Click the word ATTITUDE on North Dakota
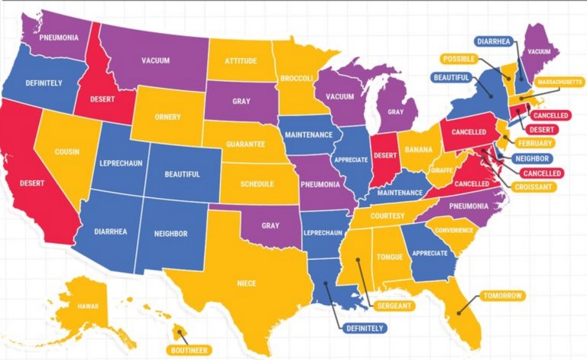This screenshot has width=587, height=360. (x=240, y=60)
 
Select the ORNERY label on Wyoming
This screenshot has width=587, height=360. (x=167, y=118)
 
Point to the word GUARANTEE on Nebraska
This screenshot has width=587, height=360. (x=245, y=144)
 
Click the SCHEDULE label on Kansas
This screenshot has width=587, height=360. (x=257, y=184)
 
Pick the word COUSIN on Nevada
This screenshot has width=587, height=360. (x=67, y=151)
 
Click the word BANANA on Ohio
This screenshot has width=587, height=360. (x=418, y=149)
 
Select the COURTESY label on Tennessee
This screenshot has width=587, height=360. (x=387, y=216)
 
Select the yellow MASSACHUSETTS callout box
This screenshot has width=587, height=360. (x=559, y=82)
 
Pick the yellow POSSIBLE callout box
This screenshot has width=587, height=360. (x=459, y=59)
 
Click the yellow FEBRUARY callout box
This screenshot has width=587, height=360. (x=535, y=143)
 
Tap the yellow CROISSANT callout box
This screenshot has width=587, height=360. (x=534, y=186)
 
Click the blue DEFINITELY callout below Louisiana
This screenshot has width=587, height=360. (x=365, y=328)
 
